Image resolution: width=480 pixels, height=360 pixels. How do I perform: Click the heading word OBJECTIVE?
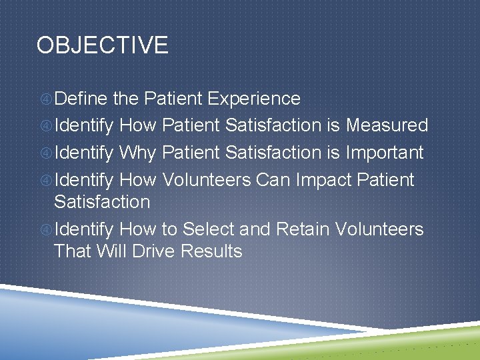tap(102, 45)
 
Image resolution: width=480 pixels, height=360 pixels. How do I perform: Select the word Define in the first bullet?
tap(81, 99)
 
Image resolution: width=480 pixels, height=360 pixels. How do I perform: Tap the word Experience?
tap(254, 99)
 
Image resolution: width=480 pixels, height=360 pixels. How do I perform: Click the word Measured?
tap(387, 125)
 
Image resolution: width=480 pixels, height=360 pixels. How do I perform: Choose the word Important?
tap(385, 153)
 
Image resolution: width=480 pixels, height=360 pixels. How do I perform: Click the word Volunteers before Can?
tap(207, 180)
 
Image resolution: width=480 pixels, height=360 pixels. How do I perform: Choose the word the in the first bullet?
tap(125, 99)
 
